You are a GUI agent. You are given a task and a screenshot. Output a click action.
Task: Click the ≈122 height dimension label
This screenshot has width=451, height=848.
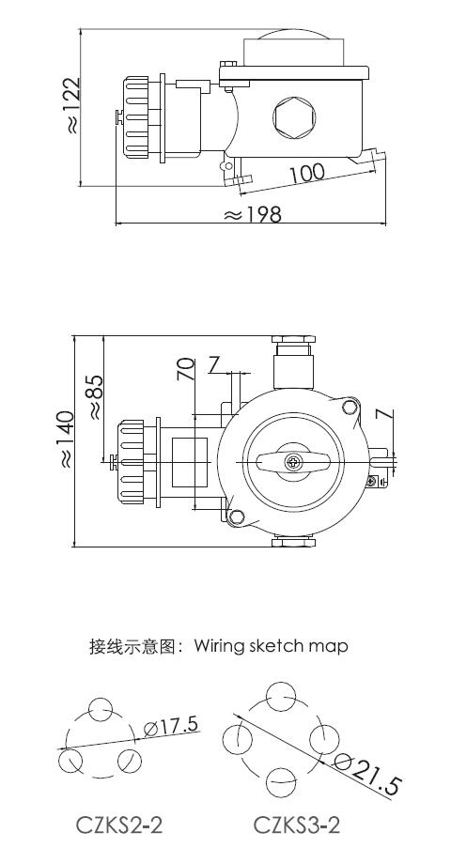72,105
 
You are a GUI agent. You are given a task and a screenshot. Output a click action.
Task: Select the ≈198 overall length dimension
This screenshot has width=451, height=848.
253,215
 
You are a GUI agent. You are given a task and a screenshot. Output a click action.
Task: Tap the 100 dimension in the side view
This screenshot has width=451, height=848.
306,173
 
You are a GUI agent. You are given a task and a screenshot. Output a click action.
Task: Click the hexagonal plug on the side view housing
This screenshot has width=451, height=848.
294,116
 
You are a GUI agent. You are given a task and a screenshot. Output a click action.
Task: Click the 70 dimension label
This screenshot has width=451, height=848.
186,369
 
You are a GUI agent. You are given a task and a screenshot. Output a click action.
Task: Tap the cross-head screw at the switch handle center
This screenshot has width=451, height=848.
293,462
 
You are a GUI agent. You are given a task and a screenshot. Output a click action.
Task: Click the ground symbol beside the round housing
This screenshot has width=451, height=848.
376,480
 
